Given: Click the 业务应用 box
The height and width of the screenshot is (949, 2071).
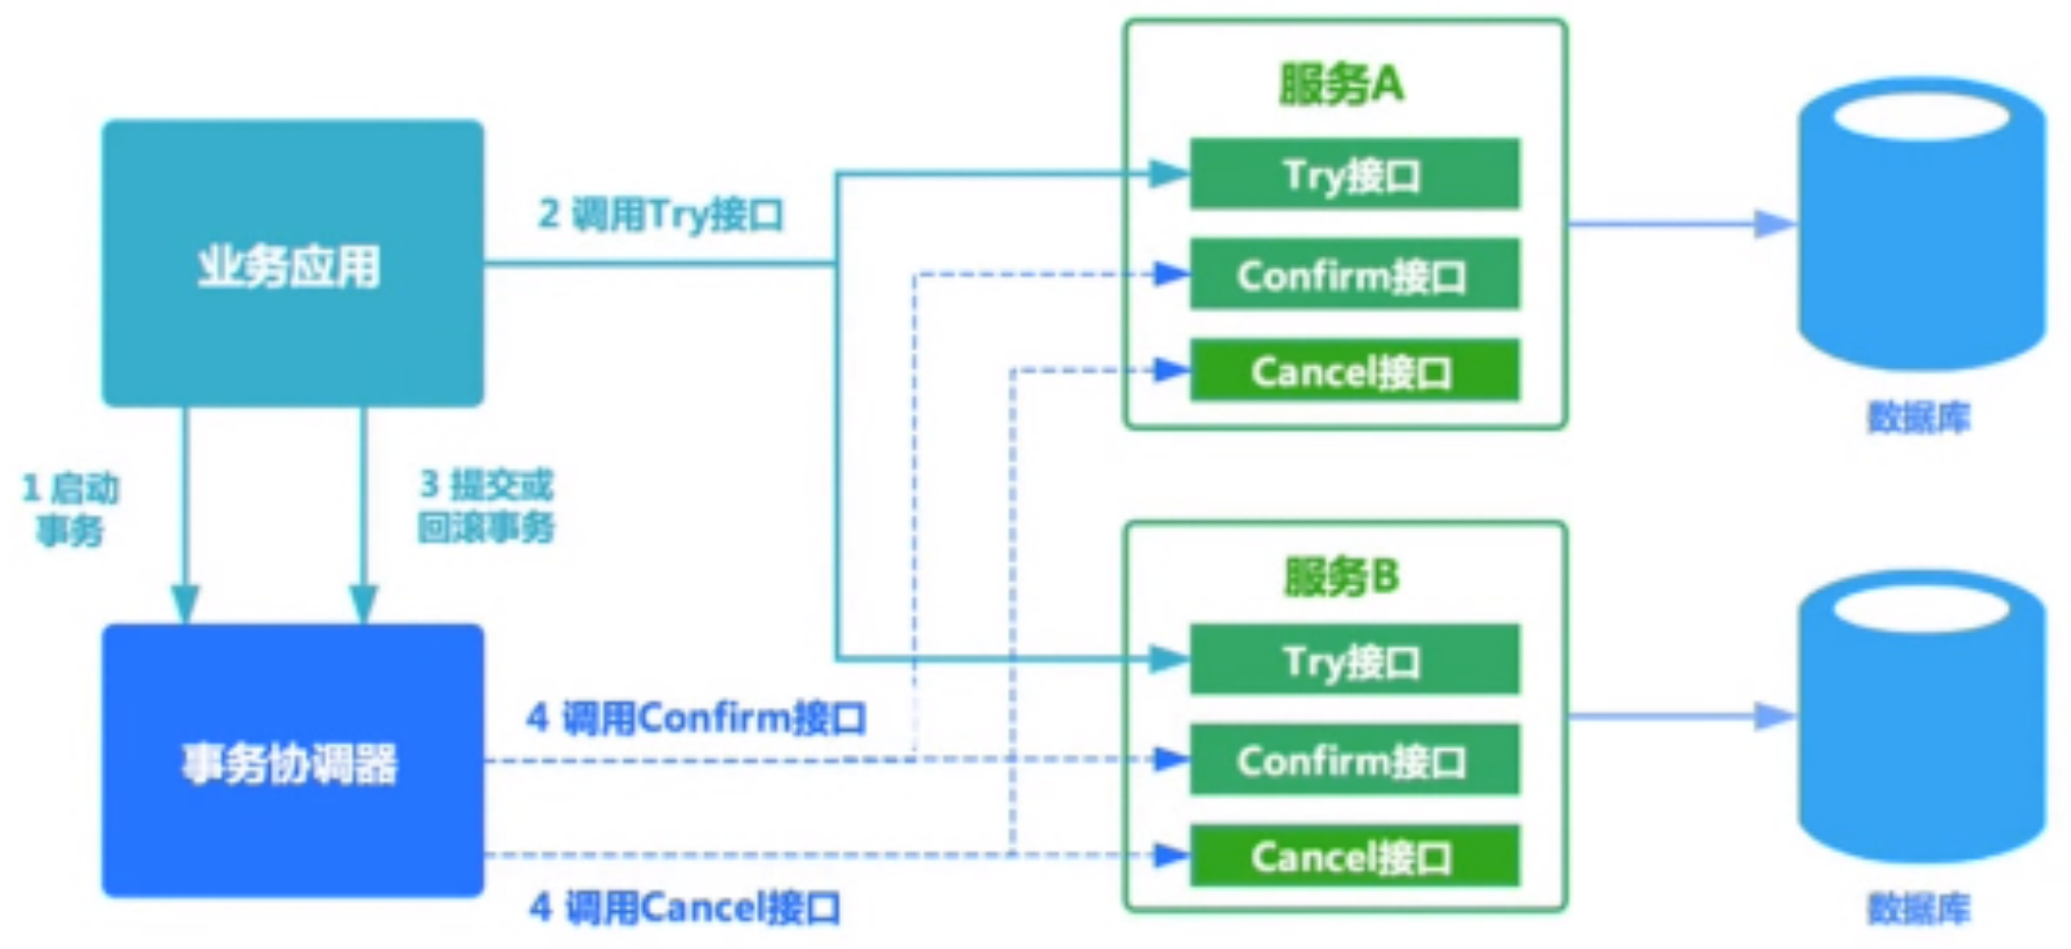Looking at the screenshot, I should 292,264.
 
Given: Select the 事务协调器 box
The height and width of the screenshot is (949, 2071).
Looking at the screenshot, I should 292,760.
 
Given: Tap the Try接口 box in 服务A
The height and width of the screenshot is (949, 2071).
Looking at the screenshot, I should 1353,174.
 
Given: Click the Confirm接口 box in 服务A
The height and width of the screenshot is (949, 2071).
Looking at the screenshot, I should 1353,275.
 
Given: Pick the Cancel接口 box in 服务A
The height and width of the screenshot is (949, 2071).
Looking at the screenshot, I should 1353,371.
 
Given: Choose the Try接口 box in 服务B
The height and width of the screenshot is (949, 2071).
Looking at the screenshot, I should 1353,660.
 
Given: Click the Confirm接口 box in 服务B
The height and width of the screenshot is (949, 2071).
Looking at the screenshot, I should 1353,760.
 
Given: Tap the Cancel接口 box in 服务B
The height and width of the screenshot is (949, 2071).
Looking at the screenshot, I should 1353,856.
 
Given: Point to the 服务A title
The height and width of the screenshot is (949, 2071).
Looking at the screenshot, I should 1340,83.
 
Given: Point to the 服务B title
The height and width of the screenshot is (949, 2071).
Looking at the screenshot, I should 1340,575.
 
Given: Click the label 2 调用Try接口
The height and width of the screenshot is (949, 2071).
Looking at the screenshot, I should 661,214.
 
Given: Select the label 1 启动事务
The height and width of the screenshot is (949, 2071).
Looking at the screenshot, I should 70,509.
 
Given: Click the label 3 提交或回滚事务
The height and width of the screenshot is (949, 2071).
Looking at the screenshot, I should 486,505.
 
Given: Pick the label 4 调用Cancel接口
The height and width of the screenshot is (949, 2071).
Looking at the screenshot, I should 684,907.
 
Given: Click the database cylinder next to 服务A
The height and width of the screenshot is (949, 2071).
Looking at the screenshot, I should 1920,228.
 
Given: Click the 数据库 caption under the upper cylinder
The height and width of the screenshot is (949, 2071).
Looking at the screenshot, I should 1918,417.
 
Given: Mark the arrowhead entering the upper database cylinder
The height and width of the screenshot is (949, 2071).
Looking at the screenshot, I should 1774,224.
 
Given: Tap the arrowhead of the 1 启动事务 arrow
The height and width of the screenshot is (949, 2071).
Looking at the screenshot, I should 185,603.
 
